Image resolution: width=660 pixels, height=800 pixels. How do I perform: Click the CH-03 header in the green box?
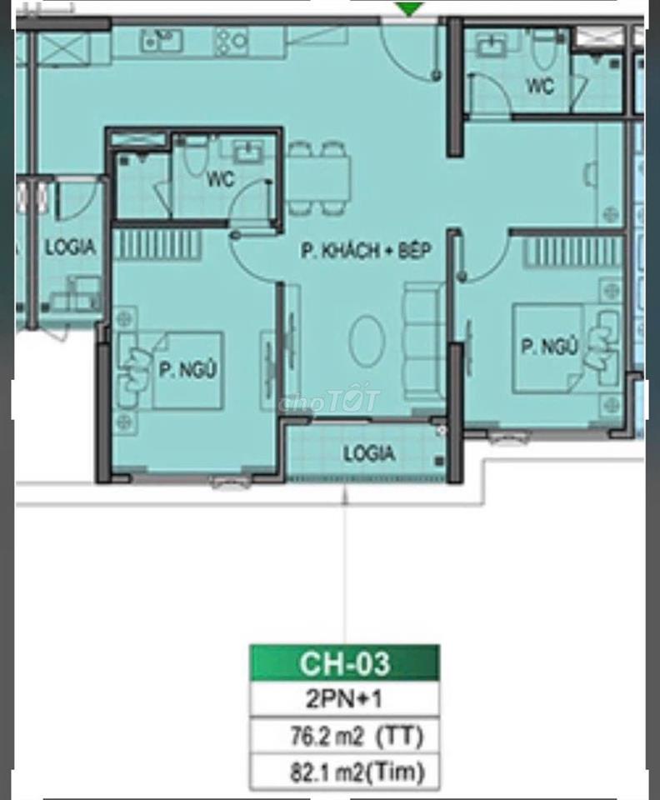[x=345, y=663]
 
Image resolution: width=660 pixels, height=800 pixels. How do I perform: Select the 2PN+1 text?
[x=344, y=699]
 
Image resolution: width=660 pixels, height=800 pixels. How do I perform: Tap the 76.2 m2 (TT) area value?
[x=357, y=736]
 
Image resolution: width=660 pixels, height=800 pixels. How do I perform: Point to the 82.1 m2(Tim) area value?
[x=357, y=772]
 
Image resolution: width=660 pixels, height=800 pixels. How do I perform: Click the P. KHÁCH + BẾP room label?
[x=366, y=251]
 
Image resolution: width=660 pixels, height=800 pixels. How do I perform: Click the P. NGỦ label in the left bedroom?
[x=187, y=369]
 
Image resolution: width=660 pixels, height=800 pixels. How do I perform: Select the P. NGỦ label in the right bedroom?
[x=549, y=347]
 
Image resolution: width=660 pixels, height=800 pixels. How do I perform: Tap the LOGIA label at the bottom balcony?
[x=369, y=453]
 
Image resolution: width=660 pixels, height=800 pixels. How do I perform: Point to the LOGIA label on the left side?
[x=70, y=247]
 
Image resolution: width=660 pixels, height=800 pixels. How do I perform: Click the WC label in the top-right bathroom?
[x=540, y=85]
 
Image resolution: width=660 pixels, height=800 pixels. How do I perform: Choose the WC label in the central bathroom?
[x=220, y=179]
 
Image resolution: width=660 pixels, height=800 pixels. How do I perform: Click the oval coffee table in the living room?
[x=367, y=341]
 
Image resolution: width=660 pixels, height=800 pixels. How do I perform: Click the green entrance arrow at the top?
[x=409, y=8]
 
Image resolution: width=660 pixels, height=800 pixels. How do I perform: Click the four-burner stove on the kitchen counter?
[x=231, y=41]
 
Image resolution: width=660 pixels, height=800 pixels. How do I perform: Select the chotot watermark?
[x=329, y=401]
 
